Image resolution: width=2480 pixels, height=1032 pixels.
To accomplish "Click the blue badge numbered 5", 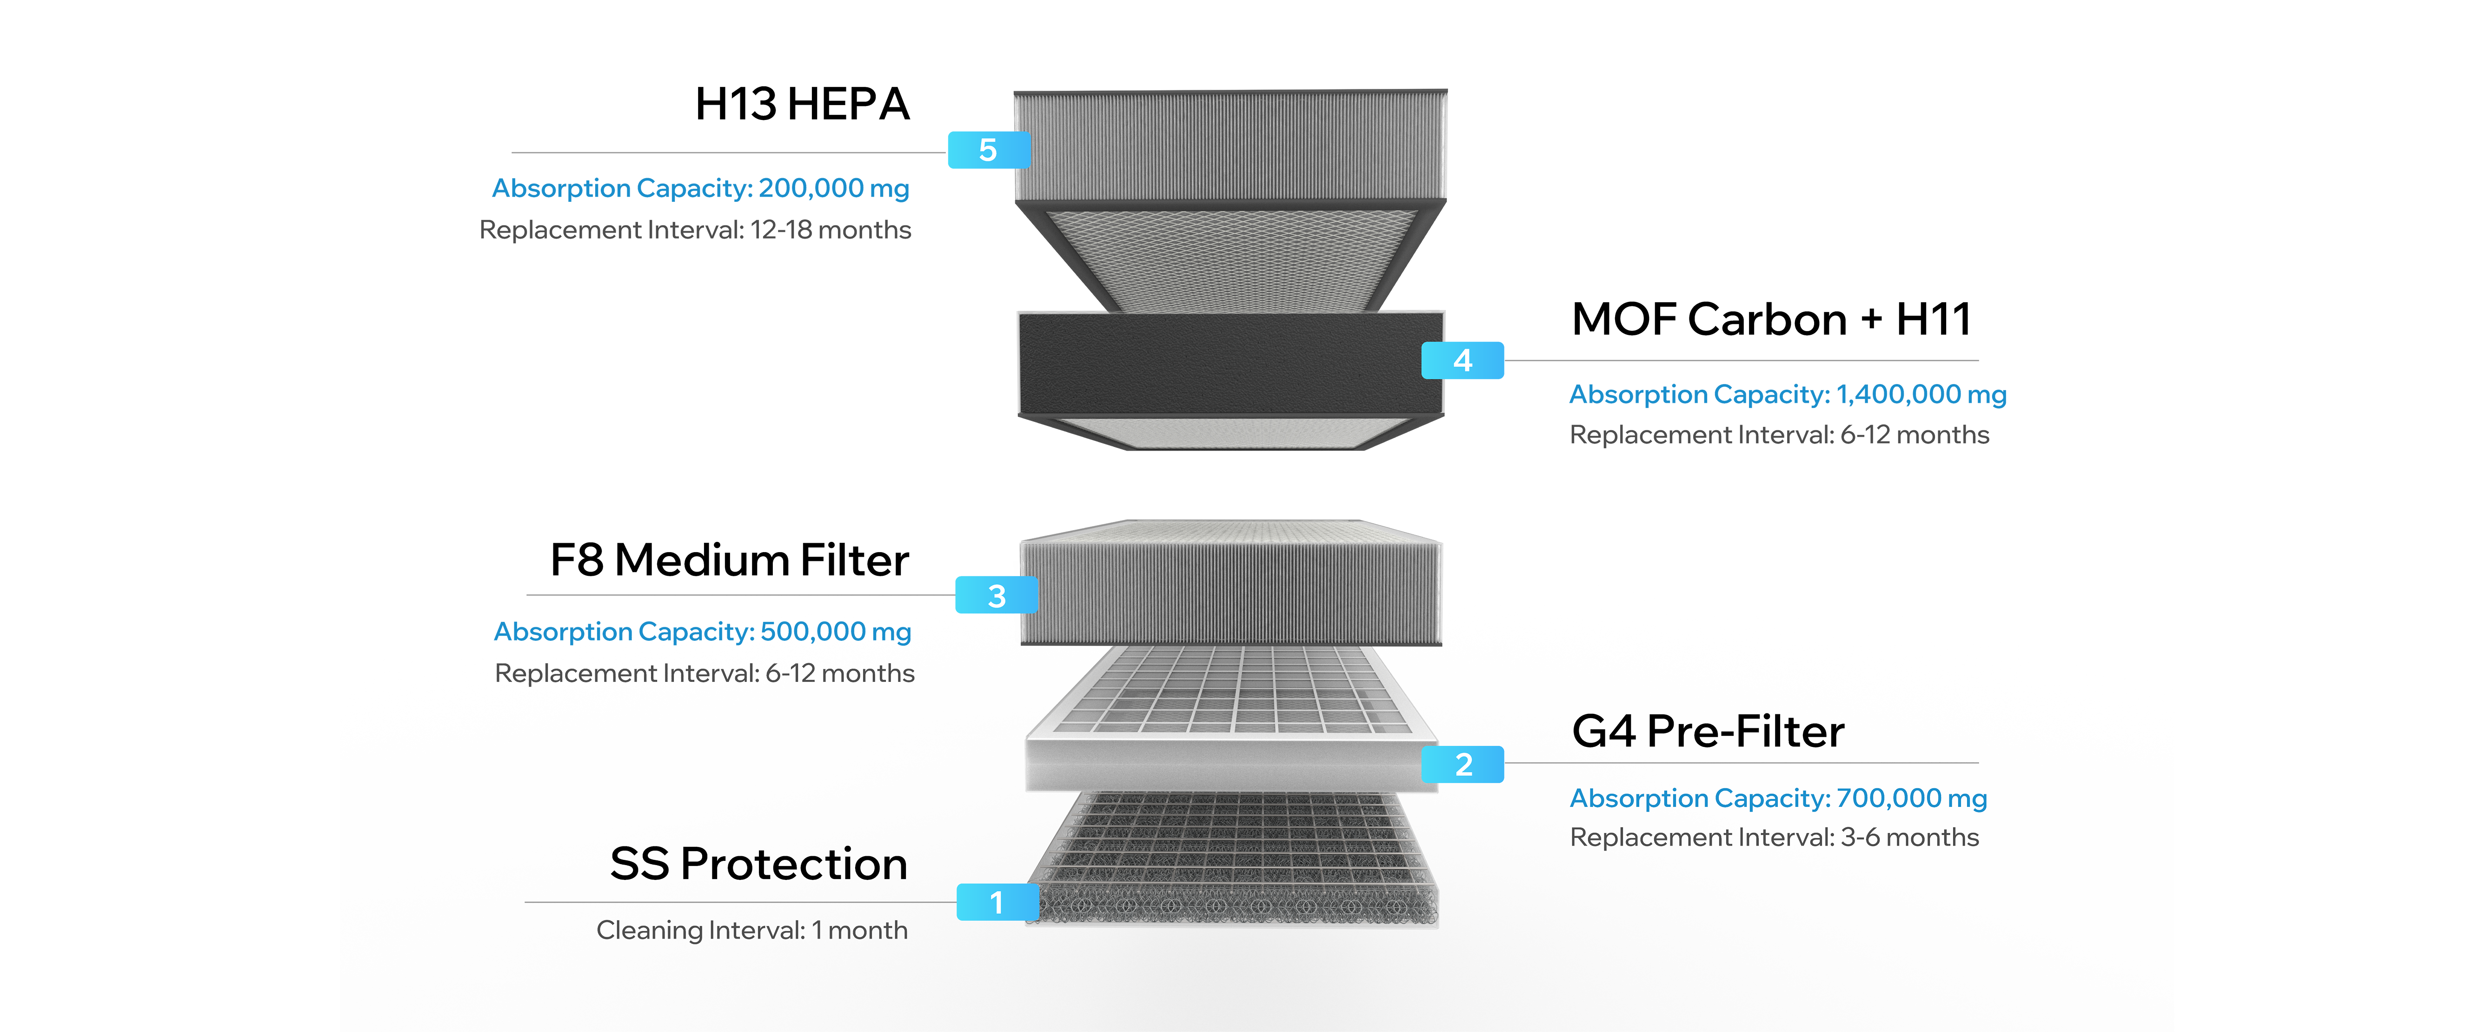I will pos(988,151).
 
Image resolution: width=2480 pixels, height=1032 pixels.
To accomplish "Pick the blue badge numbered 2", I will pos(1463,765).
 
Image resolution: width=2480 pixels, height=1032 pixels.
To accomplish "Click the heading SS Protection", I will pos(758,864).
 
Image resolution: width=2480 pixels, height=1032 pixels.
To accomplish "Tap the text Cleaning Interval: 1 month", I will pos(751,930).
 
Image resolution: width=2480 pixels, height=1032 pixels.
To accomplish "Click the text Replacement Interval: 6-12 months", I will pos(705,673).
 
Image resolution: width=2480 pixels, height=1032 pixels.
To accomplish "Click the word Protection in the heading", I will pos(794,864).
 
